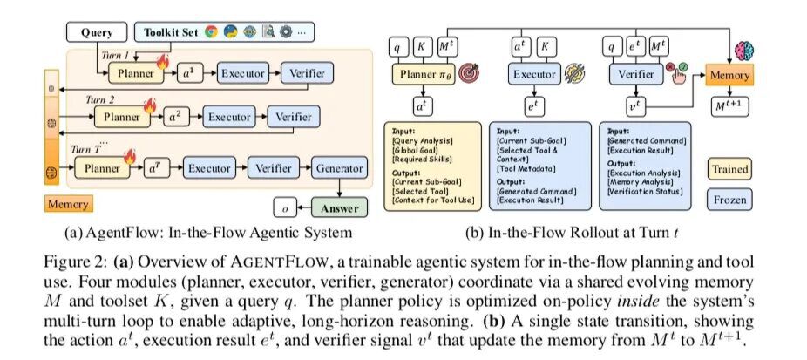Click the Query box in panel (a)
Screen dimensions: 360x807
pos(98,32)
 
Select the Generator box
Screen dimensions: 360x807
pos(339,168)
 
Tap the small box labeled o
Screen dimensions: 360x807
pos(283,209)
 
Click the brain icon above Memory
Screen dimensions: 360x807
pos(743,49)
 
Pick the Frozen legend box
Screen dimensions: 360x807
pos(729,200)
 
